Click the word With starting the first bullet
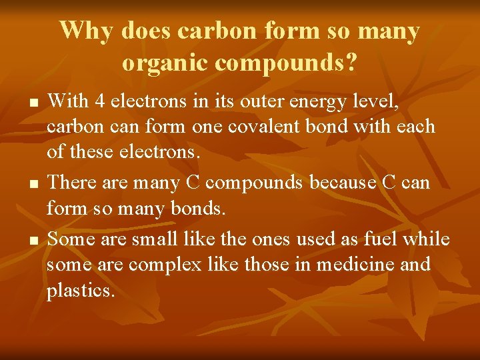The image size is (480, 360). pyautogui.click(x=69, y=101)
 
